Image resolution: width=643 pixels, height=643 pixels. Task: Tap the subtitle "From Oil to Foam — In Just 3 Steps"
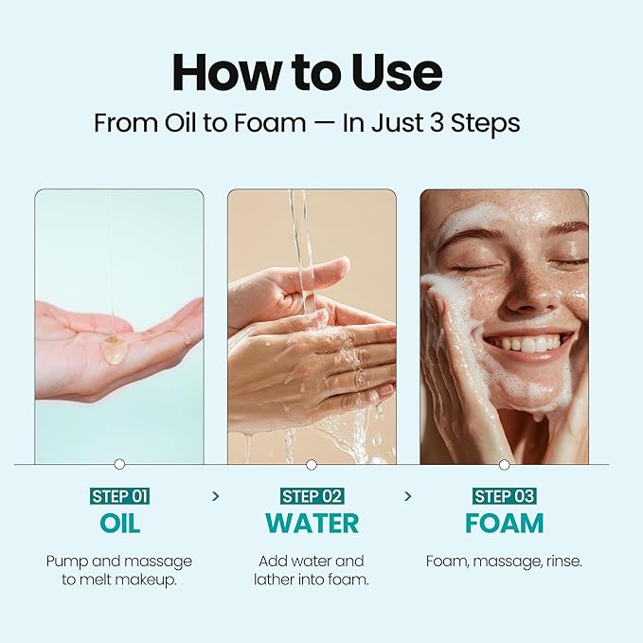307,124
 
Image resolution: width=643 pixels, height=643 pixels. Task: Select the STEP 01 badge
119,496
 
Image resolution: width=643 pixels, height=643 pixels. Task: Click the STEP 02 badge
312,496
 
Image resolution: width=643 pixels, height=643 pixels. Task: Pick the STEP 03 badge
504,496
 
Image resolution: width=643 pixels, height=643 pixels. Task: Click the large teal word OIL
119,524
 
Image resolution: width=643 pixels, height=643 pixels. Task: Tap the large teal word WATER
312,524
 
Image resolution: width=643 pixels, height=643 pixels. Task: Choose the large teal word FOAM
504,524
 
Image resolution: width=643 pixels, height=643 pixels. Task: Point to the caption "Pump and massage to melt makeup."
119,570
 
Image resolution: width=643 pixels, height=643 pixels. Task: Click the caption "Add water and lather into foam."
312,570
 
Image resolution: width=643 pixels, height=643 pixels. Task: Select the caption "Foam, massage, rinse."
504,562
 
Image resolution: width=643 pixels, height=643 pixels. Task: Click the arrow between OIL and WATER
216,495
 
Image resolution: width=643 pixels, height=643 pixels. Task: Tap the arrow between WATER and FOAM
408,495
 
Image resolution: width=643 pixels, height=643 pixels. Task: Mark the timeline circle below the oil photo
119,464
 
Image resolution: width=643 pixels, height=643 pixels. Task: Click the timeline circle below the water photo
312,464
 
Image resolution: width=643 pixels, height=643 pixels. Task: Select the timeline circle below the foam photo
504,464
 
